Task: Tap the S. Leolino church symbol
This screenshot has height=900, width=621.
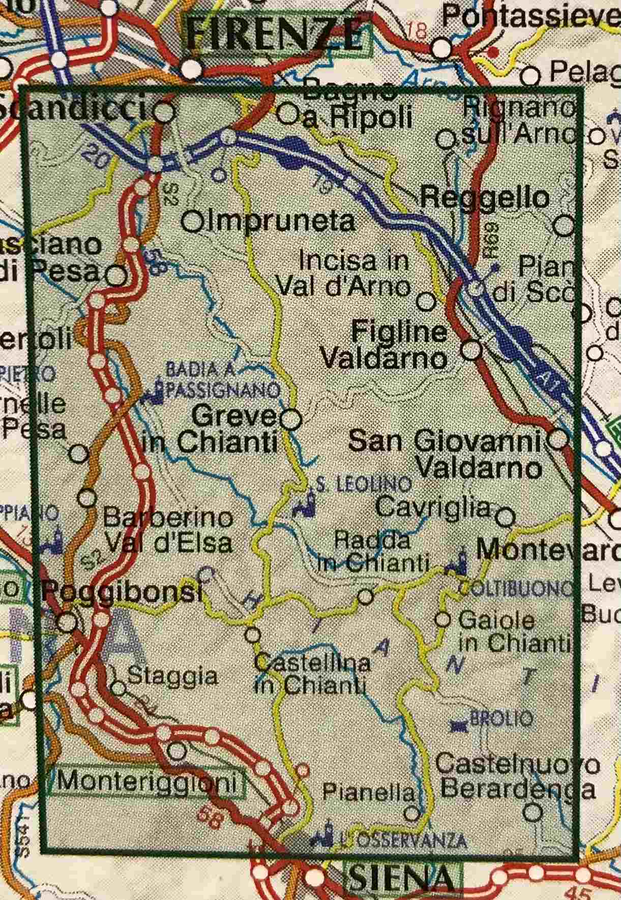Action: (306, 505)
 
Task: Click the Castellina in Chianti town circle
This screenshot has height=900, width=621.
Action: (253, 635)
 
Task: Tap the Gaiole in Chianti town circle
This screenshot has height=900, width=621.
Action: (443, 619)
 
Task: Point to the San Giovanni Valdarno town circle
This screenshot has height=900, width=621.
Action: (559, 439)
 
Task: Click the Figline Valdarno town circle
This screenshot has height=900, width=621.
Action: (471, 350)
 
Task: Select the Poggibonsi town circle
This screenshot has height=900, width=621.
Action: (67, 621)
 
